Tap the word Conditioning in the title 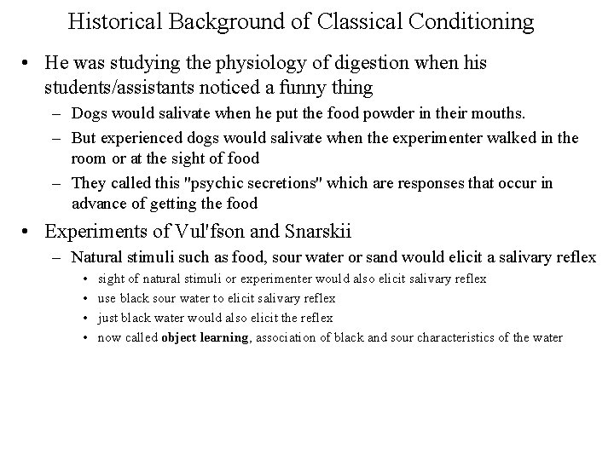[x=470, y=20]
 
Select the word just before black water [x=107, y=318]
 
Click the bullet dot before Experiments [x=29, y=232]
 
